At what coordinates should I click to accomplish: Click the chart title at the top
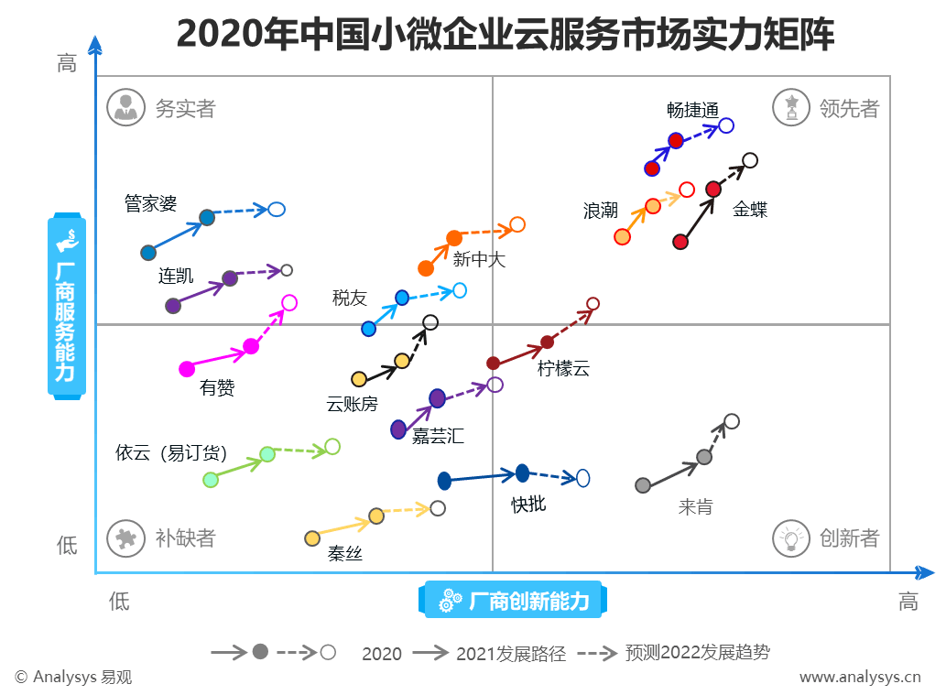505,34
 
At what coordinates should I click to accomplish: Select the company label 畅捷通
692,109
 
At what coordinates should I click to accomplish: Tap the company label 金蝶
749,210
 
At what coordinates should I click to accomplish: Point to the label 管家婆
150,203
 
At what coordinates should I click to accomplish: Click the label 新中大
478,260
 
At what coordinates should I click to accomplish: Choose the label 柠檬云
563,369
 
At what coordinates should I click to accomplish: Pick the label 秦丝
345,554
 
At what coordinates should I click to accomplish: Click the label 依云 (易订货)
170,452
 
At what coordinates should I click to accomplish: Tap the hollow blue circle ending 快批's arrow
582,478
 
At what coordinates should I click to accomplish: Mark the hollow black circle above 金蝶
750,160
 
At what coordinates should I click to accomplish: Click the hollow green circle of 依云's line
332,447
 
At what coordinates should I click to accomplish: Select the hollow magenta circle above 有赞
289,302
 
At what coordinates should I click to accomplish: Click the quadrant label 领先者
849,109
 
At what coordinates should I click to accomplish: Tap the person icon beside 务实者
125,107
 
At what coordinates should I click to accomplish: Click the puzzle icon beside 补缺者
125,538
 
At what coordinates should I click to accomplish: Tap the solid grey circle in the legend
260,652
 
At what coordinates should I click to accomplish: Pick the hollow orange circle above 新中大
517,224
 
